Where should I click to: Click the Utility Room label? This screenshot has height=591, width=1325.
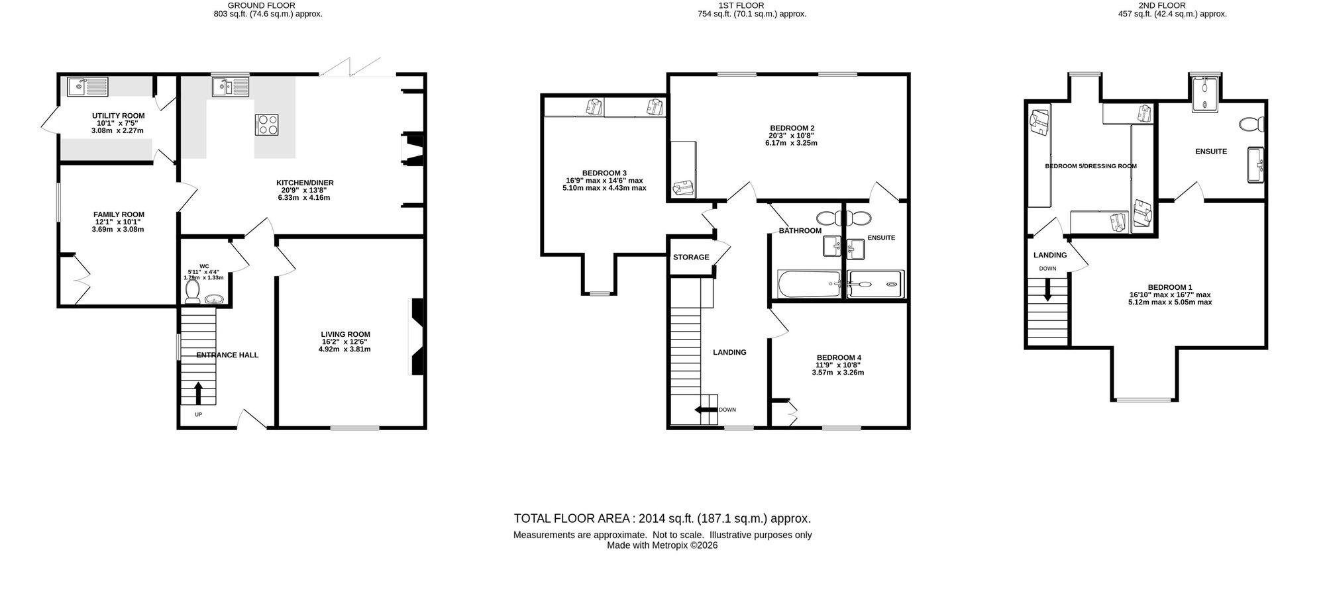tap(118, 116)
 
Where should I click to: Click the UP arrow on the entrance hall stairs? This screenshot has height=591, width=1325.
tap(198, 393)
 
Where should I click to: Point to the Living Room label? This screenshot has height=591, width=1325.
tap(345, 334)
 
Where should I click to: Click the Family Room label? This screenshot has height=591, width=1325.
tap(119, 214)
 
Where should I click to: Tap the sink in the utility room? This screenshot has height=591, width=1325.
tap(87, 86)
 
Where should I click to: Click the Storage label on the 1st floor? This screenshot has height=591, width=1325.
tap(691, 257)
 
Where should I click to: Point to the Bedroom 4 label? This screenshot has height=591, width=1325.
tap(838, 357)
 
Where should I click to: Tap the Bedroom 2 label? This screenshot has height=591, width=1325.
tap(792, 128)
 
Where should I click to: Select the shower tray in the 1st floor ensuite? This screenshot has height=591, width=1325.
tap(875, 285)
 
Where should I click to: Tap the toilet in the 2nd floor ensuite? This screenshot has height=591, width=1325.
tap(1251, 124)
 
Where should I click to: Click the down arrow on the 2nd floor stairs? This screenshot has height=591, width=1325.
tap(1047, 290)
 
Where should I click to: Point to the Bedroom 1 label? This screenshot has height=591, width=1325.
tap(1170, 287)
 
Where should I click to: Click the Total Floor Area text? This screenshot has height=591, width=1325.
tap(662, 519)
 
